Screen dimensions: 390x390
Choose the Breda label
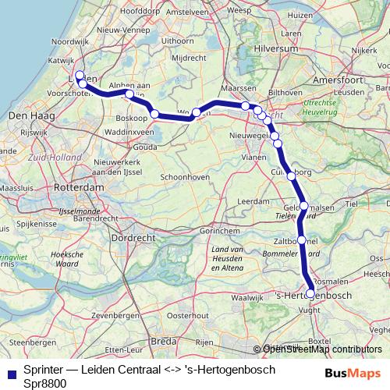click(163, 341)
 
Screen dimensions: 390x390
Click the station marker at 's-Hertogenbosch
click(311, 293)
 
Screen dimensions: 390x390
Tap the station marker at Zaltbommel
click(302, 240)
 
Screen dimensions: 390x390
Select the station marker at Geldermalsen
click(304, 207)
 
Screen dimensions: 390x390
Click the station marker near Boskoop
click(154, 115)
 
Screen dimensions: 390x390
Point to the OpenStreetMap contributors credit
click(321, 349)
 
